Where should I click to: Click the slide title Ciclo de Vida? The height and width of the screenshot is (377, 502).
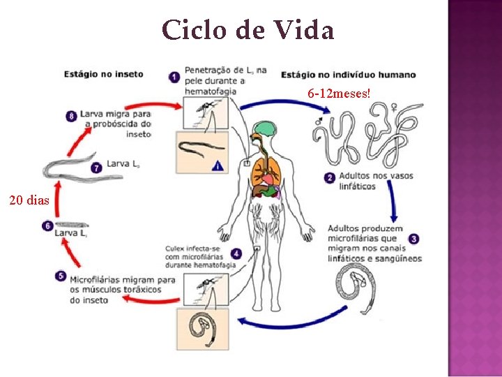248,31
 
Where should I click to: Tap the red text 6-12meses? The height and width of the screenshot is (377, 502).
339,94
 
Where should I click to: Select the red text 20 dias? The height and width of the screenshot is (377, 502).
29,201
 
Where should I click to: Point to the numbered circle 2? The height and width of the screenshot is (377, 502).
329,177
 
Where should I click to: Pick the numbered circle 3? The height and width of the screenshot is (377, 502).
413,239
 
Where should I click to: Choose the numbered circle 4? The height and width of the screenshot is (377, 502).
237,253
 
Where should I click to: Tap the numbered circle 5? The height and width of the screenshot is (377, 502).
61,276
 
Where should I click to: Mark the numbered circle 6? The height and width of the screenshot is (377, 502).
47,226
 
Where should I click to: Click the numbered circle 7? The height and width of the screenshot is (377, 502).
97,166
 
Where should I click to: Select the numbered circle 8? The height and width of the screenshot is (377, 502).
71,117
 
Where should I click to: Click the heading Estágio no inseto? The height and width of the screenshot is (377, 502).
104,74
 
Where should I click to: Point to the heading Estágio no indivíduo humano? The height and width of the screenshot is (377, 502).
349,75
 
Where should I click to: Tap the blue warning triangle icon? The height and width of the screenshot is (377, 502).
218,165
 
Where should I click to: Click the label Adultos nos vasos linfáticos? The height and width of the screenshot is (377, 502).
366,182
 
